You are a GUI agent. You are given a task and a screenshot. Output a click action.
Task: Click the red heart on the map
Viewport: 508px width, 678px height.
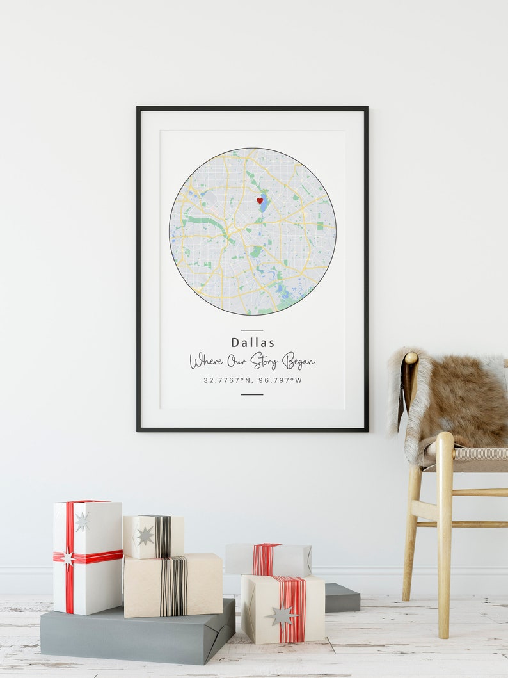point(260,200)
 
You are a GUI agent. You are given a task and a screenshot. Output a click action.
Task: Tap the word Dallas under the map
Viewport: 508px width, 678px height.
point(253,343)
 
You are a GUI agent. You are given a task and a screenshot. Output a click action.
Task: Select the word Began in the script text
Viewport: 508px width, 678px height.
point(298,361)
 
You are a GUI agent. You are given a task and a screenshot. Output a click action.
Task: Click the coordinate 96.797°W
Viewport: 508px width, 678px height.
point(280,380)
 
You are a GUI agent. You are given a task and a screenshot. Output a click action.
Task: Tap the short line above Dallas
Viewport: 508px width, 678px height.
point(252,330)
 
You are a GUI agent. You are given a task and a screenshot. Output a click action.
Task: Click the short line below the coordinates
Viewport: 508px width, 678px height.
point(252,394)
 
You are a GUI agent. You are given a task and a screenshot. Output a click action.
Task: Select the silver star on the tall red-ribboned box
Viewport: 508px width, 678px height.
point(82,522)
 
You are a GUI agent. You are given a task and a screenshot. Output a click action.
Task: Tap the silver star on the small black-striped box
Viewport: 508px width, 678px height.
point(145,535)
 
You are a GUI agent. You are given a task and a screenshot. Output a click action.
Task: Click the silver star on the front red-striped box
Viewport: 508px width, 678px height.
point(282,616)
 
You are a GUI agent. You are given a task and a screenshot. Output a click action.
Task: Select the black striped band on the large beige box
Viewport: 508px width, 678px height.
point(173,585)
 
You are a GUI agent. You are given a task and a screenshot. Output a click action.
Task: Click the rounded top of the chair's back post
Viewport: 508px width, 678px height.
point(411,358)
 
